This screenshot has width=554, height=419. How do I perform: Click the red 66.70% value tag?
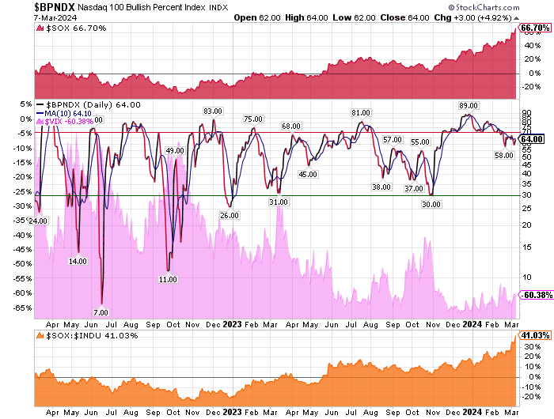click(x=533, y=28)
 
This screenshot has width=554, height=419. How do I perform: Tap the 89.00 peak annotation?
click(x=468, y=105)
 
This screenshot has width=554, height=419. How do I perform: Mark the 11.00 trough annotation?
click(x=167, y=279)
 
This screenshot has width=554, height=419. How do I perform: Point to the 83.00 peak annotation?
click(x=212, y=111)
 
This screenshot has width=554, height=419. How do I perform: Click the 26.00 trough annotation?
click(x=230, y=215)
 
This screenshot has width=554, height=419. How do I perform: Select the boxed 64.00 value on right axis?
click(x=531, y=139)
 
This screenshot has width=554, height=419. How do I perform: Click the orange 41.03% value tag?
click(x=533, y=336)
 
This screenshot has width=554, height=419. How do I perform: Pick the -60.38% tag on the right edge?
click(x=533, y=295)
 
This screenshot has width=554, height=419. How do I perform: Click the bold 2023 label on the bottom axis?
click(x=233, y=411)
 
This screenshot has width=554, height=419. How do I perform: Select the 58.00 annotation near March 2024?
click(x=504, y=155)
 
